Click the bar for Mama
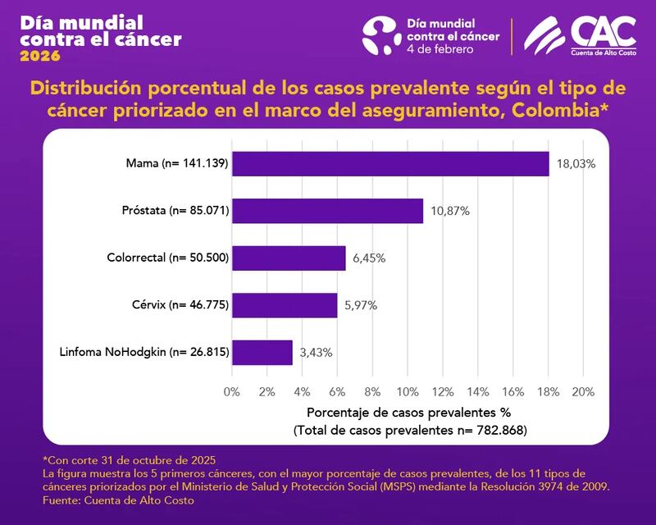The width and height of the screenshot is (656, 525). pos(390,164)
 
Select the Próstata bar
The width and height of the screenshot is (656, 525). pos(327,211)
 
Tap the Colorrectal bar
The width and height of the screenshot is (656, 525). pos(289,258)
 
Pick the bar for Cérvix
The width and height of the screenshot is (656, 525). pos(285,305)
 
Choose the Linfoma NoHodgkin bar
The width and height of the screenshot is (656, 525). pos(262,352)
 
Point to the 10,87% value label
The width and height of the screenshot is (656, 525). pos(449,211)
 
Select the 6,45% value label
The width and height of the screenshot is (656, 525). pos(369,258)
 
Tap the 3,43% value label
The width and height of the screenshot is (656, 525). pos(316,352)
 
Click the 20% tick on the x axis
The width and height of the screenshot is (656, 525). pos(582,391)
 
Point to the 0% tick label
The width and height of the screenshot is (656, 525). pos(232,391)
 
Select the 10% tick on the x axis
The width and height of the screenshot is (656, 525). pos(407,391)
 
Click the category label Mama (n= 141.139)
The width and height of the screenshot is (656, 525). pos(177,164)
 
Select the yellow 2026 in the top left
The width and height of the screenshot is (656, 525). pos(40,57)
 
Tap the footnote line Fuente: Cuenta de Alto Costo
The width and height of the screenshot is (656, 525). pos(107,499)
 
